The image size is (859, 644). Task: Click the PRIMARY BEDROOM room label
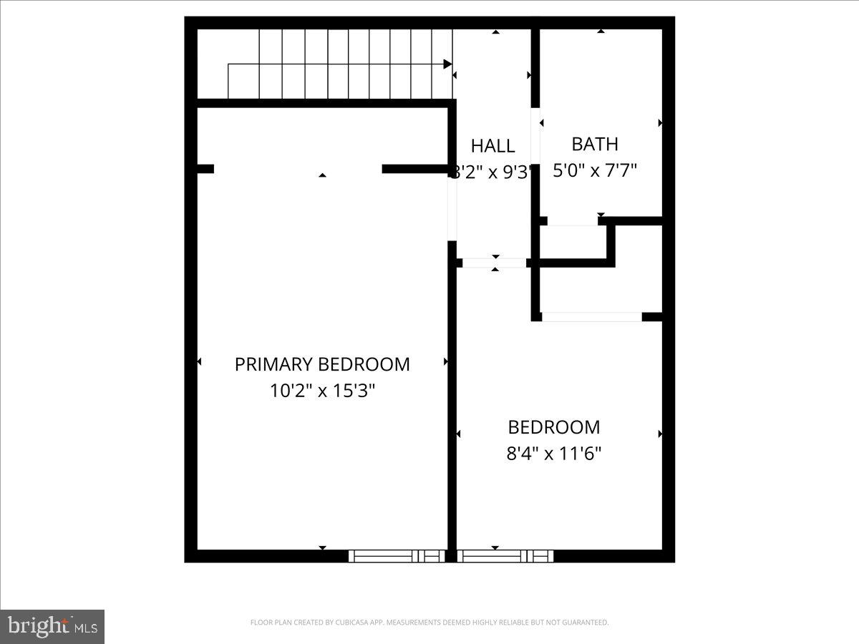pyautogui.click(x=322, y=364)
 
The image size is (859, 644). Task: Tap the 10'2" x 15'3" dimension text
pyautogui.click(x=322, y=391)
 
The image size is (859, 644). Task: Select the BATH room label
pyautogui.click(x=595, y=144)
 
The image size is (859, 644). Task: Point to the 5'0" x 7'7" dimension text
pyautogui.click(x=595, y=170)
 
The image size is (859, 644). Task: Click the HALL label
pyautogui.click(x=492, y=146)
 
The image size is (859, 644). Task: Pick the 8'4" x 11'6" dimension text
pyautogui.click(x=554, y=454)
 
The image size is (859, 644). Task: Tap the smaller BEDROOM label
pyautogui.click(x=554, y=427)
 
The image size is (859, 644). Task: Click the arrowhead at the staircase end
pyautogui.click(x=448, y=64)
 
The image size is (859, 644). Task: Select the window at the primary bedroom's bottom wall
pyautogui.click(x=397, y=556)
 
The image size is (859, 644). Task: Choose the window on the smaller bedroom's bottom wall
pyautogui.click(x=505, y=556)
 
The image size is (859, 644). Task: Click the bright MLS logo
pyautogui.click(x=52, y=626)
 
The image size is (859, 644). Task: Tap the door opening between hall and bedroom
pyautogui.click(x=494, y=263)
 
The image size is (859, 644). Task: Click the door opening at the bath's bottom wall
pyautogui.click(x=573, y=221)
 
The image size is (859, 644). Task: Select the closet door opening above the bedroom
pyautogui.click(x=591, y=316)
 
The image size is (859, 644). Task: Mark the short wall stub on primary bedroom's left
pyautogui.click(x=205, y=169)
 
